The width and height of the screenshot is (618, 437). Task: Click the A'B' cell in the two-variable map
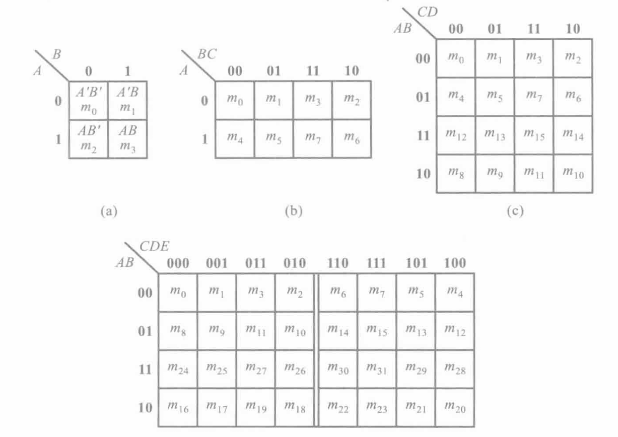click(x=88, y=100)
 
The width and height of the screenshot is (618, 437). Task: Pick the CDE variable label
click(x=154, y=247)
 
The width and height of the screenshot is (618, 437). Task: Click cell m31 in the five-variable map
click(x=377, y=370)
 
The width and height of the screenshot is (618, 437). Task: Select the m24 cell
click(x=178, y=370)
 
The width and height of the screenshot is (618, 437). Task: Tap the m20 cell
click(x=455, y=408)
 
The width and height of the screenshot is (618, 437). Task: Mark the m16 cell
click(x=178, y=408)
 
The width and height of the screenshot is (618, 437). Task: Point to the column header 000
click(x=178, y=263)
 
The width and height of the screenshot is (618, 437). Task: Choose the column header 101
click(x=416, y=263)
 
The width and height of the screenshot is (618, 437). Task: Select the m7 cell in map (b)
click(x=313, y=139)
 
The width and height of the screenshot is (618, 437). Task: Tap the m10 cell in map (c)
click(x=573, y=174)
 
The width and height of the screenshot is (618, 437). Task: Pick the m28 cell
click(x=455, y=370)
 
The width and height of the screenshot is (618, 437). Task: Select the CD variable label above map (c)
click(x=428, y=12)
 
